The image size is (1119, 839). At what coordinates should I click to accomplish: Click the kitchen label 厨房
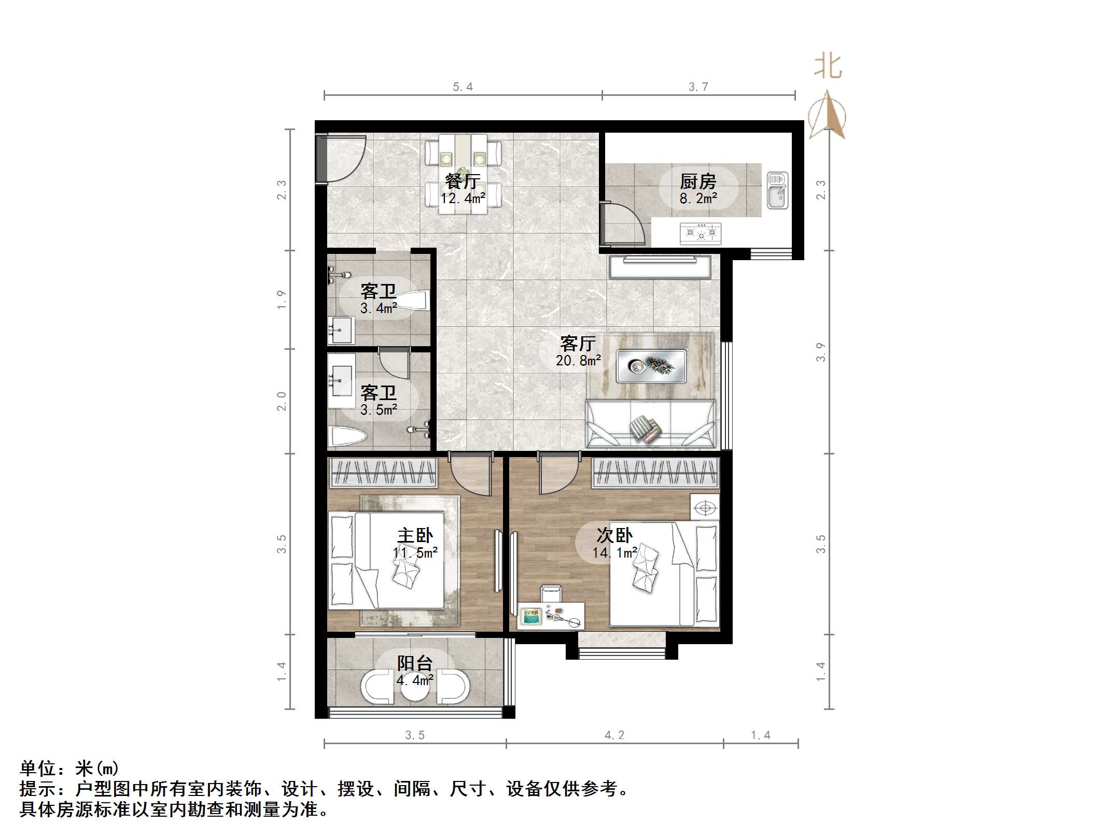pos(698,181)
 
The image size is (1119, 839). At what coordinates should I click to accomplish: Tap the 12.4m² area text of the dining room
pos(463,198)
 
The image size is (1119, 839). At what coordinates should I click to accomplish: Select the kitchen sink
pos(777,190)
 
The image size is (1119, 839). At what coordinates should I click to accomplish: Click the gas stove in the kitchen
pos(701,233)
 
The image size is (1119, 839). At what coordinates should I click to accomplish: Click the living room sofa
pos(650,424)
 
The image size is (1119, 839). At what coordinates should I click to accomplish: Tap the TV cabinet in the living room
pos(660,267)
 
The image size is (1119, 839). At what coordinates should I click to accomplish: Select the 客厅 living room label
pos(578,344)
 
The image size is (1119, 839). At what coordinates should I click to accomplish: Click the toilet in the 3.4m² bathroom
pos(414,301)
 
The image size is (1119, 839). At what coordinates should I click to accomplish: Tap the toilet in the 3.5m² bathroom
pos(348,436)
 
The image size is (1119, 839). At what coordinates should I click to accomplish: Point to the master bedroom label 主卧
pos(415,535)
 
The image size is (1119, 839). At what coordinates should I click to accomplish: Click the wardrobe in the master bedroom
pos(383,473)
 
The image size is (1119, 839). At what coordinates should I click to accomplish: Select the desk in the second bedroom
pos(551,615)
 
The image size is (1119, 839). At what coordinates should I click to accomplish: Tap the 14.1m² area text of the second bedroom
pos(615,553)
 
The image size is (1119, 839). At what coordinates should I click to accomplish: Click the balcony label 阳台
pos(415,663)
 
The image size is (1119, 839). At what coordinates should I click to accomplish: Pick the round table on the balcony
pos(415,687)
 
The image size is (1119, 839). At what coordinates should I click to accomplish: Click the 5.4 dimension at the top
pos(463,87)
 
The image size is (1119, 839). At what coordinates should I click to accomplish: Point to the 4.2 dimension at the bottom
pos(614,735)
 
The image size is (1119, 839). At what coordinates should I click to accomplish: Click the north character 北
pos(828,67)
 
